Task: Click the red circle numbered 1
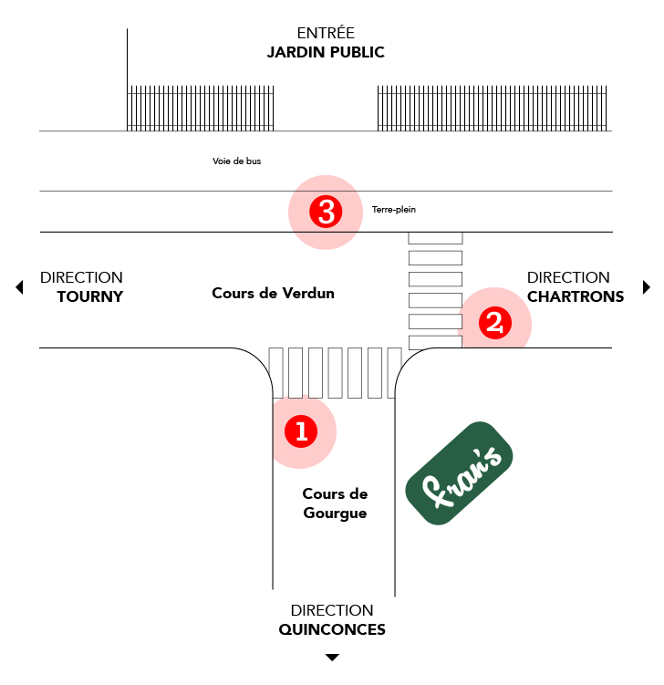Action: click(x=300, y=431)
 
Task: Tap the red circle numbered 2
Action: click(x=494, y=322)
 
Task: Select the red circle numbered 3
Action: click(x=326, y=213)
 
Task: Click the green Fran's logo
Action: click(x=460, y=473)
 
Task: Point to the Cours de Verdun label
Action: click(x=273, y=294)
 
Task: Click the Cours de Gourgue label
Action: click(x=335, y=503)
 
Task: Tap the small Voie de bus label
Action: click(x=236, y=161)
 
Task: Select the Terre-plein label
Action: click(x=394, y=210)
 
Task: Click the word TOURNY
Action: click(x=89, y=296)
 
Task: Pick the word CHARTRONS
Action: click(x=576, y=296)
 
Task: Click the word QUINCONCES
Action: click(x=332, y=629)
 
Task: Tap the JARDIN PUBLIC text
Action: click(x=326, y=52)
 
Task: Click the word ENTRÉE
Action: click(x=326, y=33)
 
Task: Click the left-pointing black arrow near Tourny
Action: click(x=19, y=287)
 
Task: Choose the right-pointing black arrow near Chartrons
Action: click(x=647, y=287)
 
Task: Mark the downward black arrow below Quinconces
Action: click(x=332, y=657)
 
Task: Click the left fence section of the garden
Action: click(x=201, y=109)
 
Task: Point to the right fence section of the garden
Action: click(x=493, y=109)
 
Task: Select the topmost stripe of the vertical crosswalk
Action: click(x=435, y=237)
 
